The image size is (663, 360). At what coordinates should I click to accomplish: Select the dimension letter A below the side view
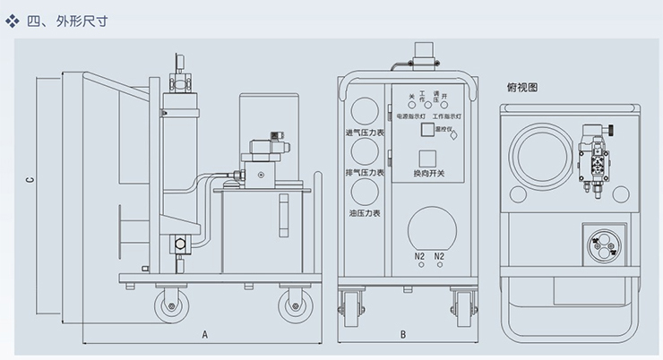point(204,335)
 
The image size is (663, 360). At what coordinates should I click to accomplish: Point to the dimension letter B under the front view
point(403,335)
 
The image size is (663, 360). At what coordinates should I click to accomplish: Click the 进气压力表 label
point(365,134)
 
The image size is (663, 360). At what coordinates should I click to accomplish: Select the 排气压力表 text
point(365,173)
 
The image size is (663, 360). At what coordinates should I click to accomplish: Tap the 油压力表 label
point(365,213)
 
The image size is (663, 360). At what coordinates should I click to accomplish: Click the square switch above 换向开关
point(428,157)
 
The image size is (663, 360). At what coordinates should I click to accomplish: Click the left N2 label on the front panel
point(419,257)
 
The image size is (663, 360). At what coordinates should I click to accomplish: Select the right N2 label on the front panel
point(439,257)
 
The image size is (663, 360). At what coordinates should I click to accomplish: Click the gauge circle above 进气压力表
point(365,111)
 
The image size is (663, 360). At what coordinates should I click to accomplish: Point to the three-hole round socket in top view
point(600,243)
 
